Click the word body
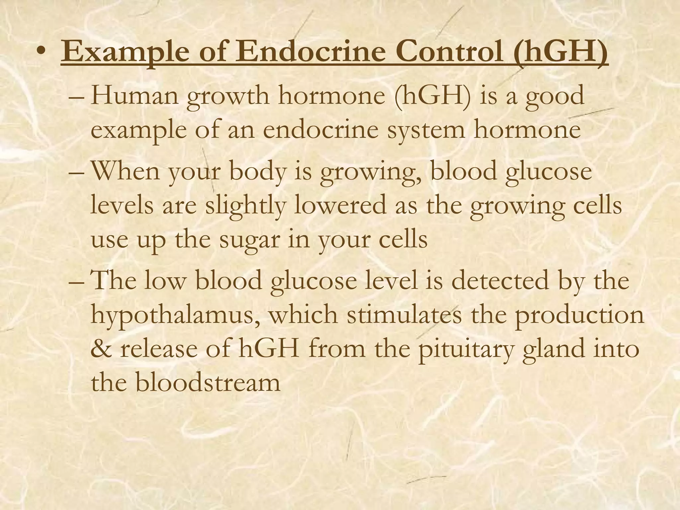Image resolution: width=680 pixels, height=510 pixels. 257,173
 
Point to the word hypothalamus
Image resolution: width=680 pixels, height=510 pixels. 174,316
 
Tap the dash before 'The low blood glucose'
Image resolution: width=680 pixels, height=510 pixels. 76,281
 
